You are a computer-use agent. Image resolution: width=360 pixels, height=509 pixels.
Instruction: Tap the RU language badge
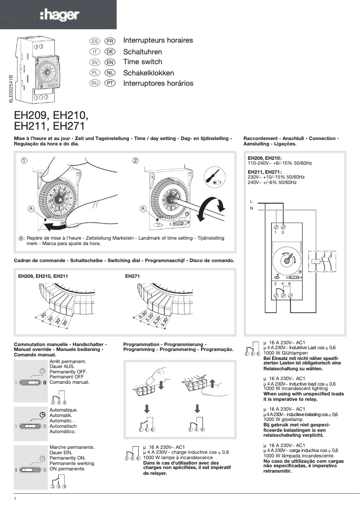[95, 83]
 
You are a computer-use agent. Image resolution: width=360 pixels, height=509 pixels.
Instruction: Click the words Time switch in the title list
[142, 62]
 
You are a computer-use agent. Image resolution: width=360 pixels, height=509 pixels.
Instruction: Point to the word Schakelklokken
[148, 73]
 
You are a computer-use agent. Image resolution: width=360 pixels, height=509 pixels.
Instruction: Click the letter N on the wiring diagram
[251, 208]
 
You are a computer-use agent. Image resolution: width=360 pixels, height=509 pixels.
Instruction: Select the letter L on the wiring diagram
[251, 201]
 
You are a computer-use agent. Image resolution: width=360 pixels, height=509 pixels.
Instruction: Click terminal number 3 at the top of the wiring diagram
[283, 233]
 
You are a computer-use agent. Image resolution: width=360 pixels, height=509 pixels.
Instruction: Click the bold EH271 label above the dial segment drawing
[133, 276]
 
